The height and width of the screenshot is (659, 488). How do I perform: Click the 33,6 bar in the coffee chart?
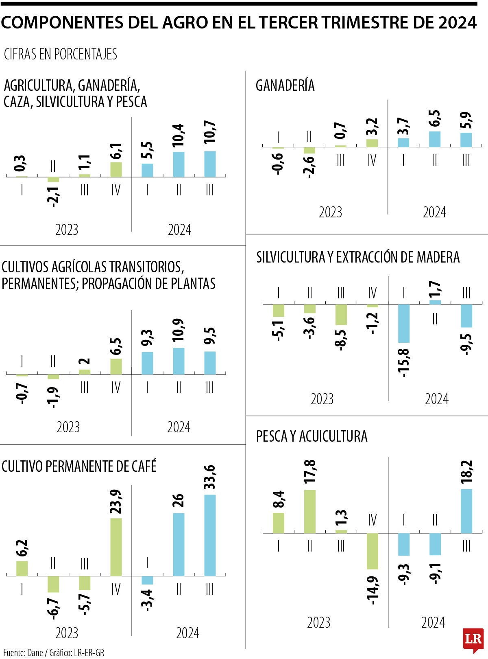210,535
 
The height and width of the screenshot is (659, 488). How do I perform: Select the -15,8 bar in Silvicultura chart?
404,323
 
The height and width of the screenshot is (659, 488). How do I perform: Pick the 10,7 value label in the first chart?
210,133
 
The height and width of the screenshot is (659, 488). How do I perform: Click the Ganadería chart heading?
285,85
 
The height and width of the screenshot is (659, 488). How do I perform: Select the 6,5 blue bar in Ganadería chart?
435,139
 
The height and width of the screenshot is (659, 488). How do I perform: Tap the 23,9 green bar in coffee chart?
116,547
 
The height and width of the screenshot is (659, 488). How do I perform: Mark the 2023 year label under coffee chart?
67,633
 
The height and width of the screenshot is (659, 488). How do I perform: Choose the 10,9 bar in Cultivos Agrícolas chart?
179,361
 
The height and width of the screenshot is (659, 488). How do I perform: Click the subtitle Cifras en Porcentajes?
60,54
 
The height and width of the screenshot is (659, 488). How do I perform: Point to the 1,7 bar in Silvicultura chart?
435,302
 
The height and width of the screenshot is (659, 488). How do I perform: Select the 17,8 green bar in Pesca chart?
310,511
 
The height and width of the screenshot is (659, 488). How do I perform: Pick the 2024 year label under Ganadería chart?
434,212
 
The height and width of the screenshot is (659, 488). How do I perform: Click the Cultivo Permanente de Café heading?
79,466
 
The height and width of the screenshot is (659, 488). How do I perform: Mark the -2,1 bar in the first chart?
53,180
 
